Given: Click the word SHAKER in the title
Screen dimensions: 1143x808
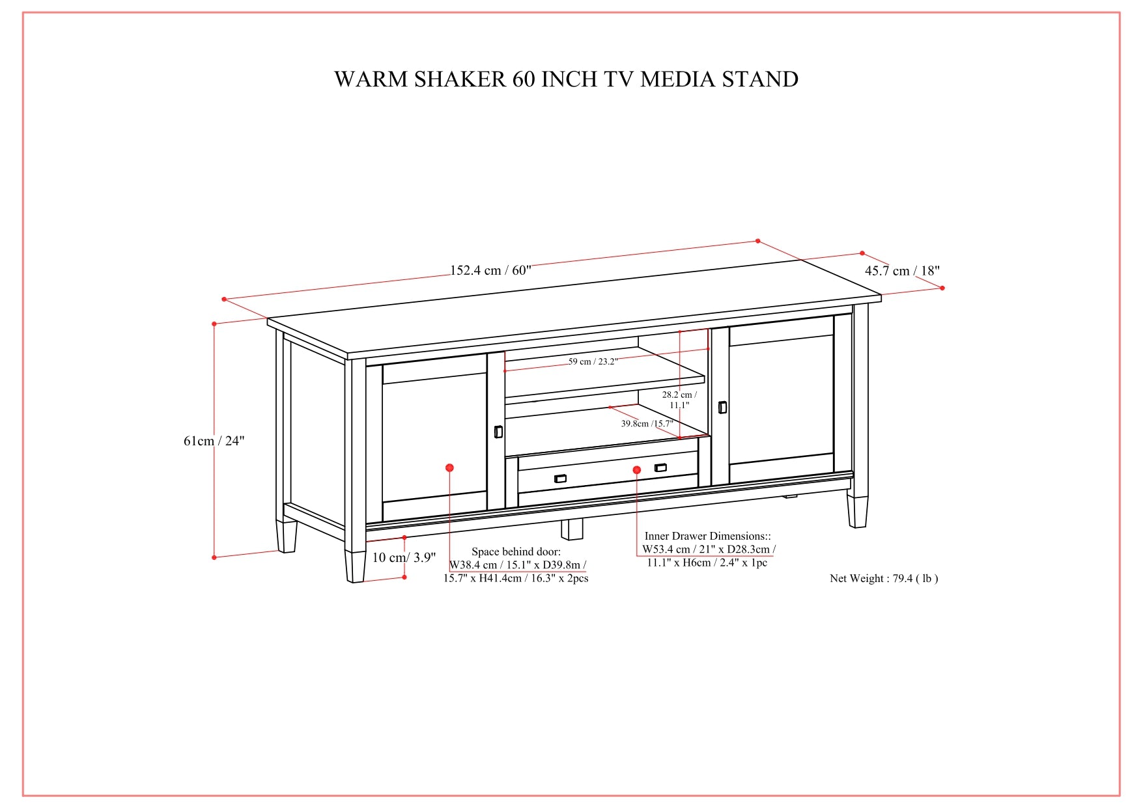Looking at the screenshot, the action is (x=460, y=79).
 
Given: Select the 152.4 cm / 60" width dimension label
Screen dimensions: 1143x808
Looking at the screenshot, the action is (x=490, y=270).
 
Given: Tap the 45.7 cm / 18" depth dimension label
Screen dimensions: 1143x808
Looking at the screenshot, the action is (x=902, y=271).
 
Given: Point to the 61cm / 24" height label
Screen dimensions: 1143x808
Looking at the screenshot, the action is (x=214, y=441).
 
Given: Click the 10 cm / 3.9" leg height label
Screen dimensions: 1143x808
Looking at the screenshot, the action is (x=404, y=557).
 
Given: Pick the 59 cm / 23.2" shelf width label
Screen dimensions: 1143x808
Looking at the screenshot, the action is (x=593, y=361).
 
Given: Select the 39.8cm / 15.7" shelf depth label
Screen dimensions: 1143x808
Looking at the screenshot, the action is (x=647, y=423).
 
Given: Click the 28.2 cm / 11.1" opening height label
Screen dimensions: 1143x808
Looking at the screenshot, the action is (x=679, y=400).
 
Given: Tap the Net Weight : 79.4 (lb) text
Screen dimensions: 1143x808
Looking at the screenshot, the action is (x=884, y=578).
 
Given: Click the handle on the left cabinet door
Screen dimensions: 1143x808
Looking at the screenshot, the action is (x=498, y=432).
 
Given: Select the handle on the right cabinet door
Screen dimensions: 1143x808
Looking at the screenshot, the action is (x=722, y=407).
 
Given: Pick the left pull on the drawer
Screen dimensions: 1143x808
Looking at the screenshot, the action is (x=560, y=479).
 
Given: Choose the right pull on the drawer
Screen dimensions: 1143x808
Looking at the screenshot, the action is (x=660, y=467).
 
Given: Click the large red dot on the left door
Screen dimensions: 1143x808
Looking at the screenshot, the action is (x=449, y=467).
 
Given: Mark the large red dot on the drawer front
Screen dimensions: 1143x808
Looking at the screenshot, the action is (x=637, y=470).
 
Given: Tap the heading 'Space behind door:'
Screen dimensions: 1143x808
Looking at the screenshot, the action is (x=516, y=551).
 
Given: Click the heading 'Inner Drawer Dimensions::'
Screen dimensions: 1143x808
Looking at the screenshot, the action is (x=707, y=536).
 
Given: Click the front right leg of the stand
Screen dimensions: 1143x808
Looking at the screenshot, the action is (x=857, y=512).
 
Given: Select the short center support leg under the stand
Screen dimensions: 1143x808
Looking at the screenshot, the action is (x=572, y=529).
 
